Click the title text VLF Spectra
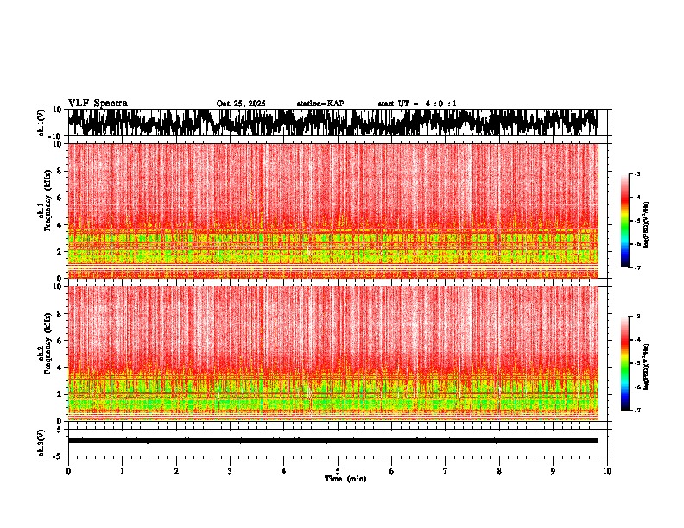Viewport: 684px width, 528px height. pos(98,103)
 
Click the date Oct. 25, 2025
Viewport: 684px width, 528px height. pos(241,104)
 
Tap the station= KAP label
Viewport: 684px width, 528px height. pos(320,104)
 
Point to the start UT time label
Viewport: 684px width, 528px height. pos(417,104)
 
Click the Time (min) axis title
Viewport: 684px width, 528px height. pos(345,479)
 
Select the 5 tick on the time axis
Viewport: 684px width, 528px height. pos(338,471)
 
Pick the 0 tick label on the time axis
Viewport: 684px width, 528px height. pos(68,471)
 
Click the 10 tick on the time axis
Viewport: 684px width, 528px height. pos(607,471)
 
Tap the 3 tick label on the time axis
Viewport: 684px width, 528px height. pos(230,471)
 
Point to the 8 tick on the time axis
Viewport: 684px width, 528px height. pos(499,471)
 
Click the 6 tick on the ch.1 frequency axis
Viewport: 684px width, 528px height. pos(59,198)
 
